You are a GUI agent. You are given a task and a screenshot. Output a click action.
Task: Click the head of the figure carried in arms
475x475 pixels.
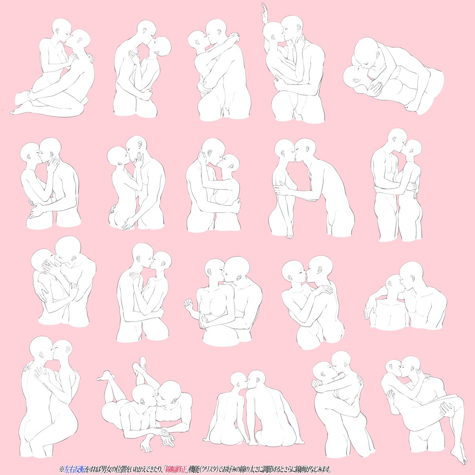pyautogui.click(x=395, y=368)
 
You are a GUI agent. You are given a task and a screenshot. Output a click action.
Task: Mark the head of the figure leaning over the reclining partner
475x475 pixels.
pyautogui.click(x=366, y=51)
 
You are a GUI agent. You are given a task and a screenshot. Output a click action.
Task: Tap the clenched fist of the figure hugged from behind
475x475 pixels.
pyautogui.click(x=189, y=304)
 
